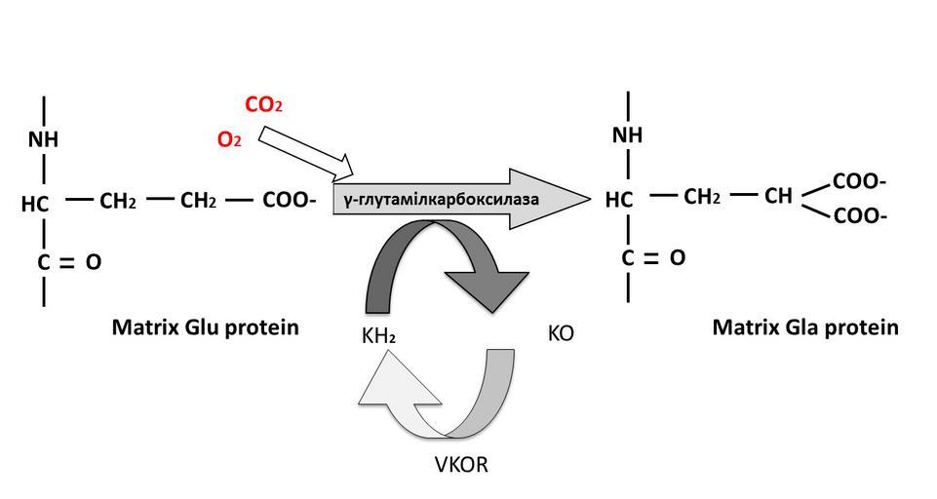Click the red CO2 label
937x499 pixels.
tap(263, 105)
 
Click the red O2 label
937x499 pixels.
tap(228, 140)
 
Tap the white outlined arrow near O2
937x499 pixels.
tap(306, 156)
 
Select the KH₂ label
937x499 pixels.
tap(377, 336)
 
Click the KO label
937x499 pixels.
tap(561, 333)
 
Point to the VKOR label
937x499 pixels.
tap(460, 464)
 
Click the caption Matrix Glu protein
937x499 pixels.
tap(206, 327)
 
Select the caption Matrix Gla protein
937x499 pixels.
tap(804, 327)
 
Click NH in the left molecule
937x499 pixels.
tap(43, 139)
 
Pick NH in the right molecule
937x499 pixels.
tap(628, 135)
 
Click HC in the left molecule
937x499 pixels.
tap(35, 205)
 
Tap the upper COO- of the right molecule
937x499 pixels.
tap(859, 182)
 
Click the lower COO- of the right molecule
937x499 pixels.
tap(859, 215)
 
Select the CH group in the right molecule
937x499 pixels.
tap(778, 197)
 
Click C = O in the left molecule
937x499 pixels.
tap(69, 262)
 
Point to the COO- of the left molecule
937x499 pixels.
tap(289, 201)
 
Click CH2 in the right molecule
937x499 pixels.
tap(702, 197)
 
